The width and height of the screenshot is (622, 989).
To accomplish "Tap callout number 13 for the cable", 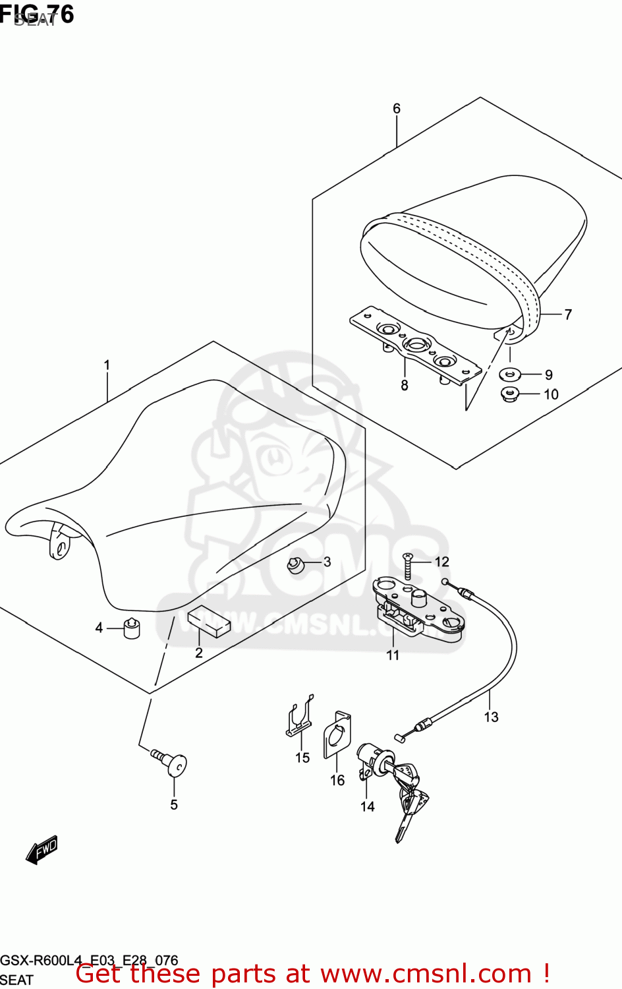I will (x=491, y=717).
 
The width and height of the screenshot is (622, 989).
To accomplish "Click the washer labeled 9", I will (x=510, y=375).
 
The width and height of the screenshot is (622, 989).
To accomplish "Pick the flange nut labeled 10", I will (x=510, y=395).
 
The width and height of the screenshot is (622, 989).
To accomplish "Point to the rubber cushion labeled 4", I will (x=132, y=628).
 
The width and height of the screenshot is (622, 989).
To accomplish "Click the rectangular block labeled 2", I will (x=208, y=622).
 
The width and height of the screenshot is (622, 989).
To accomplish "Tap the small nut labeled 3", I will (x=295, y=565).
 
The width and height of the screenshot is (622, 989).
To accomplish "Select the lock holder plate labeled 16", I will (x=337, y=735).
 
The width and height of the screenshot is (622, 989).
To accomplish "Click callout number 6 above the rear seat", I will (x=397, y=109).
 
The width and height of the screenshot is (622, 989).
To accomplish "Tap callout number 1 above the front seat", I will (x=107, y=365).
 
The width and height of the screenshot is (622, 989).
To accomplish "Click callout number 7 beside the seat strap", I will (x=568, y=315).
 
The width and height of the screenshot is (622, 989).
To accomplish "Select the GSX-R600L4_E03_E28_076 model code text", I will (x=89, y=960).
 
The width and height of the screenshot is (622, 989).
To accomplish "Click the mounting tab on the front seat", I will (x=59, y=544).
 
